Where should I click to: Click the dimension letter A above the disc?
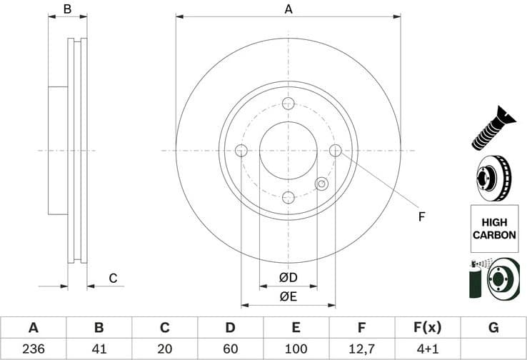tap(288, 9)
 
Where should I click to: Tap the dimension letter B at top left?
tap(67, 9)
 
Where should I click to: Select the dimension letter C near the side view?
tap(112, 278)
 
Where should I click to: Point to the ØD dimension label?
tap(288, 277)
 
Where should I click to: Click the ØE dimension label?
tap(288, 296)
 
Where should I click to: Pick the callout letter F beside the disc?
tap(421, 216)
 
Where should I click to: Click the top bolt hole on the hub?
tap(288, 104)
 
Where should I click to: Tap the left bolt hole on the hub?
tap(241, 151)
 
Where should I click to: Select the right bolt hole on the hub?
tap(336, 150)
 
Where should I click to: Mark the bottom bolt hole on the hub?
tap(288, 198)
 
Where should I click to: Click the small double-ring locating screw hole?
tap(321, 184)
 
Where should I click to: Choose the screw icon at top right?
tap(493, 129)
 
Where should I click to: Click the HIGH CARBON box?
tap(493, 229)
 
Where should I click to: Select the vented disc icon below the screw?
tap(493, 179)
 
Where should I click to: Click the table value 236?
tap(33, 349)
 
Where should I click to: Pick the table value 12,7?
tap(362, 349)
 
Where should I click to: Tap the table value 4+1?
tap(428, 349)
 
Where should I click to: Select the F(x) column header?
tap(428, 328)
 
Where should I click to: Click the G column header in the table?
tap(493, 328)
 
